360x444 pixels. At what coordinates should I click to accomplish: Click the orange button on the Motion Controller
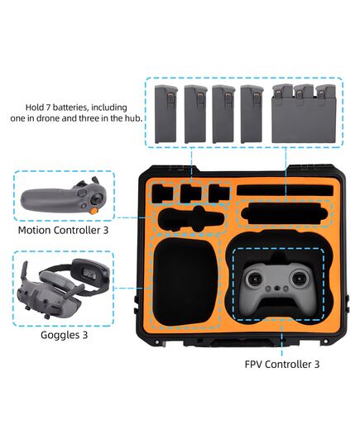point(94,211)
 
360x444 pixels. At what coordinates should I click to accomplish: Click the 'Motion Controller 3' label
point(63,230)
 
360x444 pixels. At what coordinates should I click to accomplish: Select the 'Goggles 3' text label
point(64,335)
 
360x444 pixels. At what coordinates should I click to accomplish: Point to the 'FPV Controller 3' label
point(282,364)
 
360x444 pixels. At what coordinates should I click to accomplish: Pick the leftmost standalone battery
point(166,114)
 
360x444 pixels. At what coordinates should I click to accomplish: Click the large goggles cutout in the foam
point(185,282)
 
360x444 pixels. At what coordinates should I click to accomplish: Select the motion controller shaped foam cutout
point(191,219)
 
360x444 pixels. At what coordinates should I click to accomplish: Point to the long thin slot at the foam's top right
point(286,190)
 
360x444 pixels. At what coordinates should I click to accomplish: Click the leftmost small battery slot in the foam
point(162,193)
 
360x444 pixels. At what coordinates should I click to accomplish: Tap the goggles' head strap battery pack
point(90,271)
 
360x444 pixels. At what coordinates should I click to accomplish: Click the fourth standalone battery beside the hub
point(252,114)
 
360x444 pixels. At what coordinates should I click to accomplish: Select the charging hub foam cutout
point(285,214)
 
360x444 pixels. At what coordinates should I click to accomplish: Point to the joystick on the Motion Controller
point(97,198)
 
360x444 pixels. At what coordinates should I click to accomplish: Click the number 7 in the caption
point(48,107)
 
